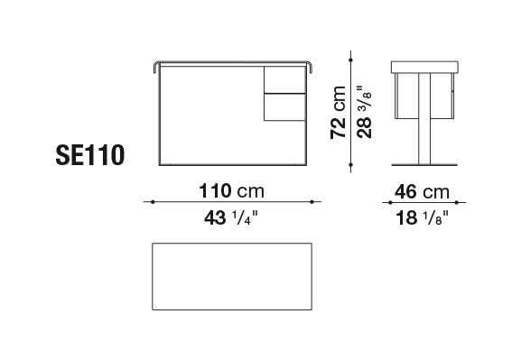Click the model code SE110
(90, 155)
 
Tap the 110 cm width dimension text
(231, 191)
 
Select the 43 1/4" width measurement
(231, 217)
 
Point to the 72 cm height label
(339, 112)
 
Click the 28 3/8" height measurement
(364, 112)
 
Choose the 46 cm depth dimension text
(422, 191)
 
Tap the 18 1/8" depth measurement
(422, 217)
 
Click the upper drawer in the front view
(284, 79)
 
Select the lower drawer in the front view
(284, 107)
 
